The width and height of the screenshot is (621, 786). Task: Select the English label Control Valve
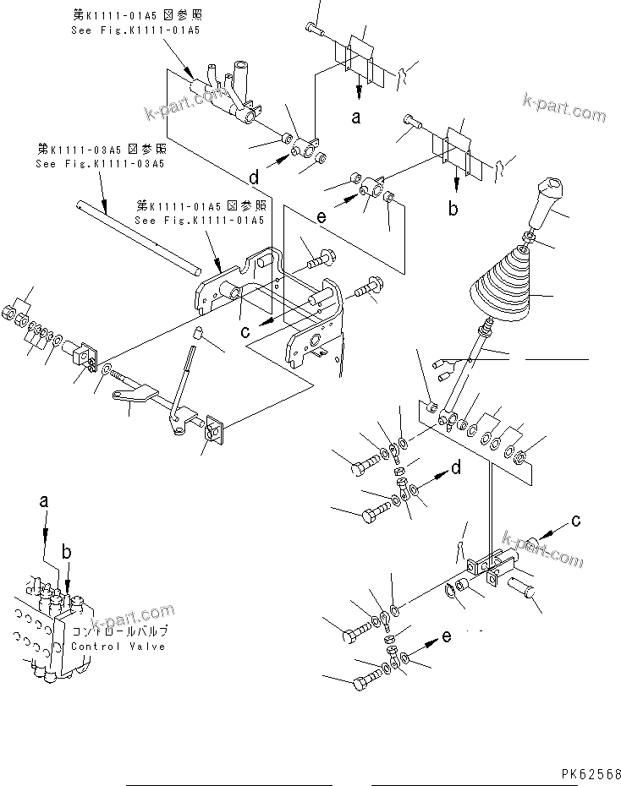118,647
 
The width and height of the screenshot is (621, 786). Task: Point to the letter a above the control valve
45,501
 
